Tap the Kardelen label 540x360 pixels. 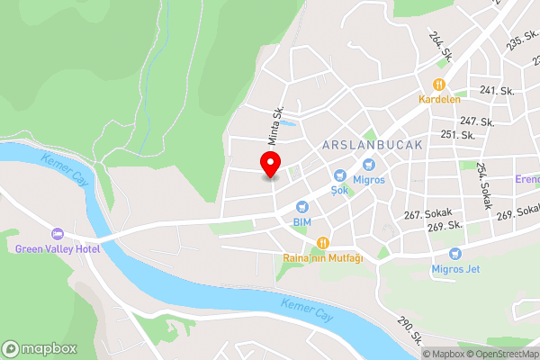pos(439,99)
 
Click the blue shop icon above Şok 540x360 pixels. pos(340,175)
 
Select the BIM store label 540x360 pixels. pos(302,220)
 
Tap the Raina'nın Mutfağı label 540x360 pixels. pos(323,258)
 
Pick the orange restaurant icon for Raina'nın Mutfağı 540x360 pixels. pos(322,243)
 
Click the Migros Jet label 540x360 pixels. pos(454,269)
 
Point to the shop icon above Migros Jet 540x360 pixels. pos(454,254)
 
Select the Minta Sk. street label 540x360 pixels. pos(274,126)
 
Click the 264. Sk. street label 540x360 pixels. pos(440,46)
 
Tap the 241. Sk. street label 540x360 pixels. pos(499,90)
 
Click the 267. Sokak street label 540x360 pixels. pos(427,214)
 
